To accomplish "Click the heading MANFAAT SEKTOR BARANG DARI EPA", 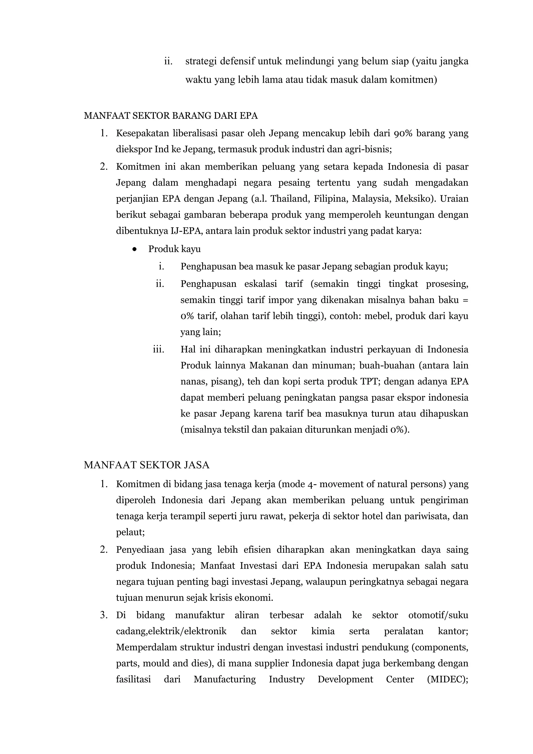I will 171,116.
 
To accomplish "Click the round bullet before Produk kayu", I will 134,249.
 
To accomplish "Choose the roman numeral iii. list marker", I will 158,349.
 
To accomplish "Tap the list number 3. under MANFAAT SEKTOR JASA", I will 104,615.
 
